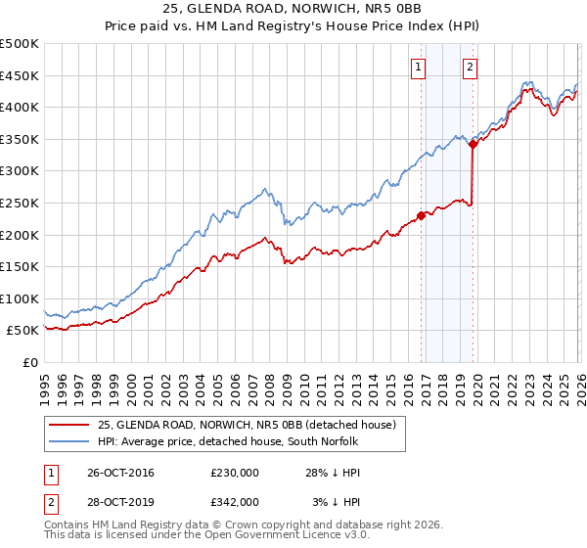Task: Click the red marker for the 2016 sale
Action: coord(422,215)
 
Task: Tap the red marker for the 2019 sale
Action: coord(473,144)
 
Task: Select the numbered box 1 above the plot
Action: coord(418,68)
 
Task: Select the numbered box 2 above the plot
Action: coord(470,68)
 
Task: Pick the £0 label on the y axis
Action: coord(29,363)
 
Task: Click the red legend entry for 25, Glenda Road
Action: coord(246,425)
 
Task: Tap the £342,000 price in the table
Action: coord(234,501)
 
